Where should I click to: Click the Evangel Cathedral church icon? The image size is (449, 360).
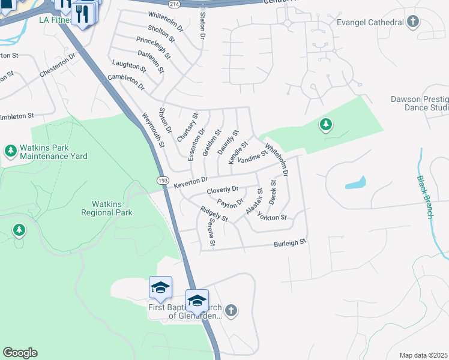pyautogui.click(x=412, y=22)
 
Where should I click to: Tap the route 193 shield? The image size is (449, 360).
pyautogui.click(x=163, y=181)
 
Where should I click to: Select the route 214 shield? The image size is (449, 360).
pyautogui.click(x=173, y=4)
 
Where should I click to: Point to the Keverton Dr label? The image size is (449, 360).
pyautogui.click(x=190, y=181)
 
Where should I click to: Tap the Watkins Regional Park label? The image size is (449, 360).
pyautogui.click(x=112, y=208)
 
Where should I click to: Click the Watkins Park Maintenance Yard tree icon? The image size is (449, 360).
pyautogui.click(x=11, y=151)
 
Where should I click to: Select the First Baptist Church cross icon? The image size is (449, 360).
pyautogui.click(x=232, y=310)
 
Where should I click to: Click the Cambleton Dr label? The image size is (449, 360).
pyautogui.click(x=127, y=82)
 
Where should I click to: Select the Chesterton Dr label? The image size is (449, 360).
pyautogui.click(x=58, y=66)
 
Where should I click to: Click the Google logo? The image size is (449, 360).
pyautogui.click(x=20, y=353)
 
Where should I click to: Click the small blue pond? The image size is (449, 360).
pyautogui.click(x=355, y=182)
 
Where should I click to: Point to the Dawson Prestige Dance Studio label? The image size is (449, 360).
pyautogui.click(x=420, y=103)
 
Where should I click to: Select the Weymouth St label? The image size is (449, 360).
pyautogui.click(x=152, y=130)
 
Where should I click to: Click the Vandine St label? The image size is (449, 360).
pyautogui.click(x=252, y=158)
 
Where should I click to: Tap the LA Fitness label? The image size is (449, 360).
pyautogui.click(x=55, y=20)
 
